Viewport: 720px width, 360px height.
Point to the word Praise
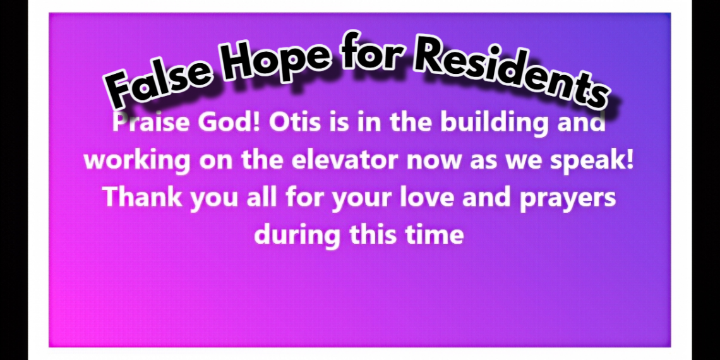[x=152, y=122]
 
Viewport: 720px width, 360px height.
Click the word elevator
[x=344, y=160]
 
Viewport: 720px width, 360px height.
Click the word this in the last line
[x=373, y=235]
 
